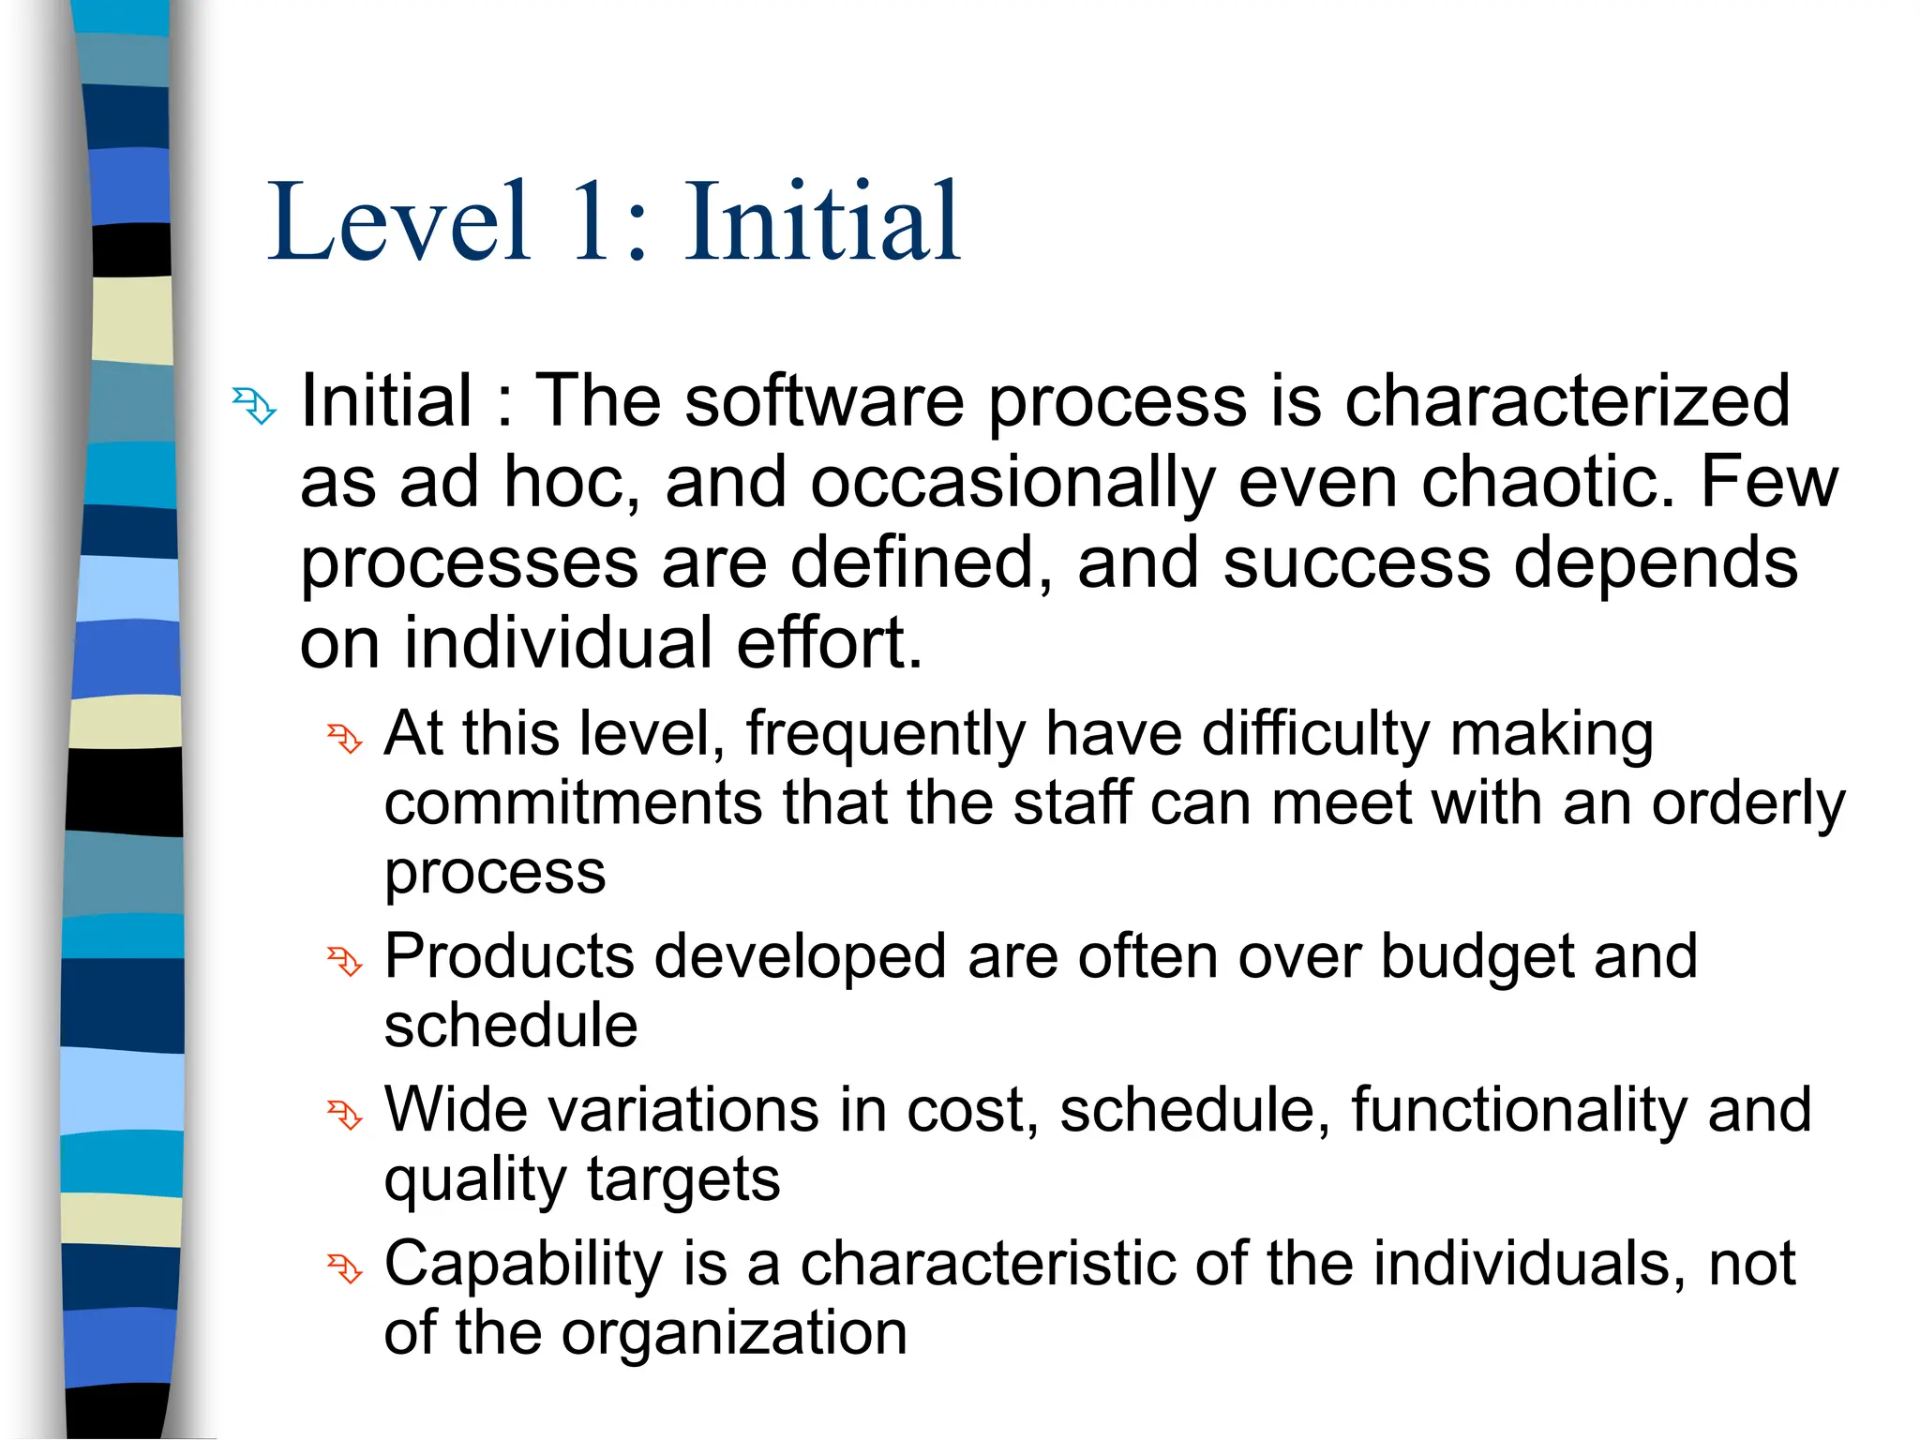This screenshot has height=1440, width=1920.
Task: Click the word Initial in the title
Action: coord(822,222)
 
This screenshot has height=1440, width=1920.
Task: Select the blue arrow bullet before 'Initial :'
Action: coord(254,406)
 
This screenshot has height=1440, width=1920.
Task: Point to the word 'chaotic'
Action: coord(1547,482)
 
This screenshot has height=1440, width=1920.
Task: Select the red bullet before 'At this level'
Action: coord(344,739)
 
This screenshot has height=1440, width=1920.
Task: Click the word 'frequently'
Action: coord(886,734)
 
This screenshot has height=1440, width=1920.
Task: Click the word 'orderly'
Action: coord(1747,803)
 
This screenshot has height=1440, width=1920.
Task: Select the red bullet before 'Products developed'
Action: coord(344,961)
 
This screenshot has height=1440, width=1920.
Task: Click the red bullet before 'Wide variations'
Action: coord(344,1115)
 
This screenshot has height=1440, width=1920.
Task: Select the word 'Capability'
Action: coord(525,1264)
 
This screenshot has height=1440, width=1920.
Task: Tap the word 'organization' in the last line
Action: coord(734,1333)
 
